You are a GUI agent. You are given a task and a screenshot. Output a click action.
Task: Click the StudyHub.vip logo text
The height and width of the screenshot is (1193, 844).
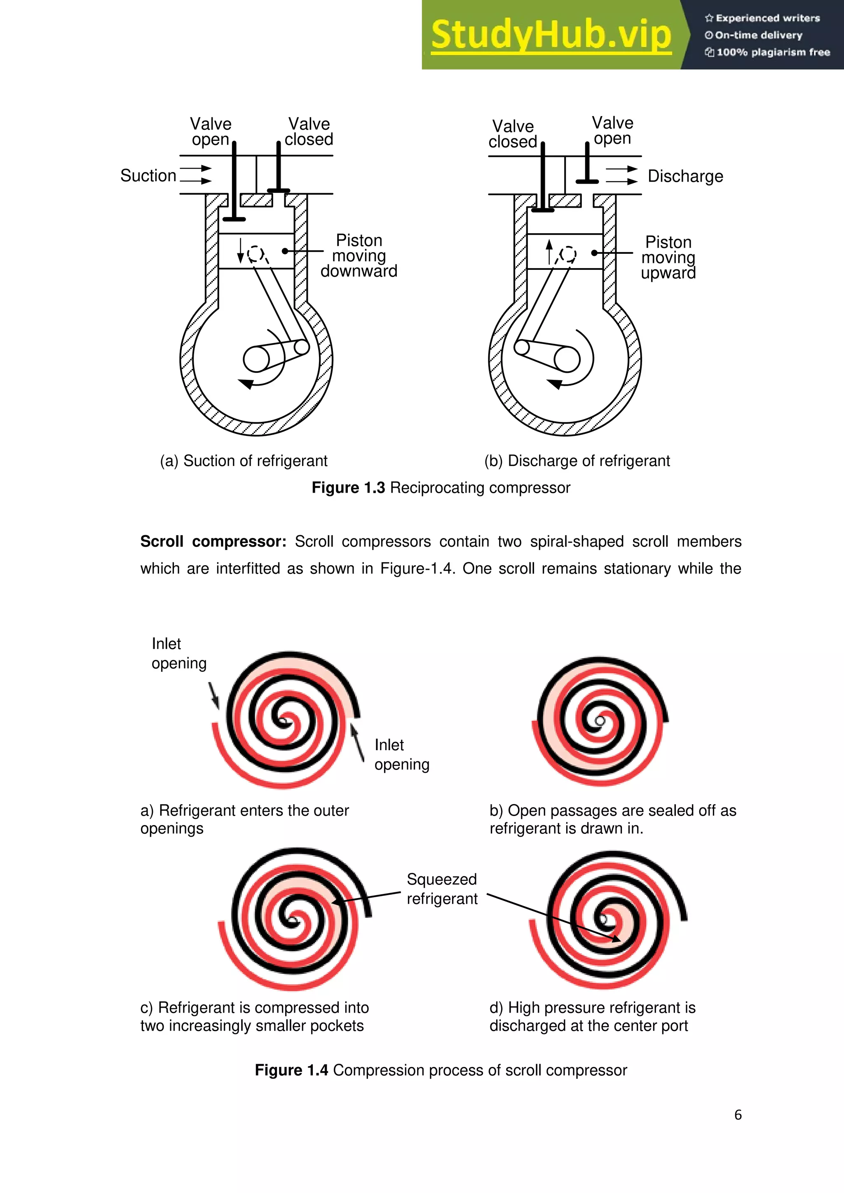[551, 35]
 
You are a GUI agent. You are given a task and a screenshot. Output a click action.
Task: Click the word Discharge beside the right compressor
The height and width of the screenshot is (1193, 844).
[685, 176]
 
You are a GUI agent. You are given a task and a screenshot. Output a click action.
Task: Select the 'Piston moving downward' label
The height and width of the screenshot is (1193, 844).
[359, 256]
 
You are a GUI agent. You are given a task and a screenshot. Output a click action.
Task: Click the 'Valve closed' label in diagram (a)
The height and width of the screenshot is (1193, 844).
[309, 131]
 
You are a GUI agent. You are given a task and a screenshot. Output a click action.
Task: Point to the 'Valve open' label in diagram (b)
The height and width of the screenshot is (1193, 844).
[612, 131]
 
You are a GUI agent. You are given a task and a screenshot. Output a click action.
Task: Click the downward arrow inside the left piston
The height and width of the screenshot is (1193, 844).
[240, 250]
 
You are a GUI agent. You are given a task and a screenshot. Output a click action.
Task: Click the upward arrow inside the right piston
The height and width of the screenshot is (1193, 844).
[549, 251]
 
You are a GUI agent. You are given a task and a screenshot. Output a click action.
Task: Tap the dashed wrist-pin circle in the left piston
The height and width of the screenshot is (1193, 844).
[255, 254]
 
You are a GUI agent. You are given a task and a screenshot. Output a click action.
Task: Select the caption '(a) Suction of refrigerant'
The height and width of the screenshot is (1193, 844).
[243, 461]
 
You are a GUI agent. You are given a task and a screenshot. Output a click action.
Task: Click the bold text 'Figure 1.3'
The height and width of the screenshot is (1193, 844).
[348, 488]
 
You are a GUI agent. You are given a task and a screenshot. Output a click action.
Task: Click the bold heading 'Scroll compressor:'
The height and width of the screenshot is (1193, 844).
[213, 541]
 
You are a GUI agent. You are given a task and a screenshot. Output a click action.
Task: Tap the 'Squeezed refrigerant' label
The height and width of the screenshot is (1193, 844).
[441, 889]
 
